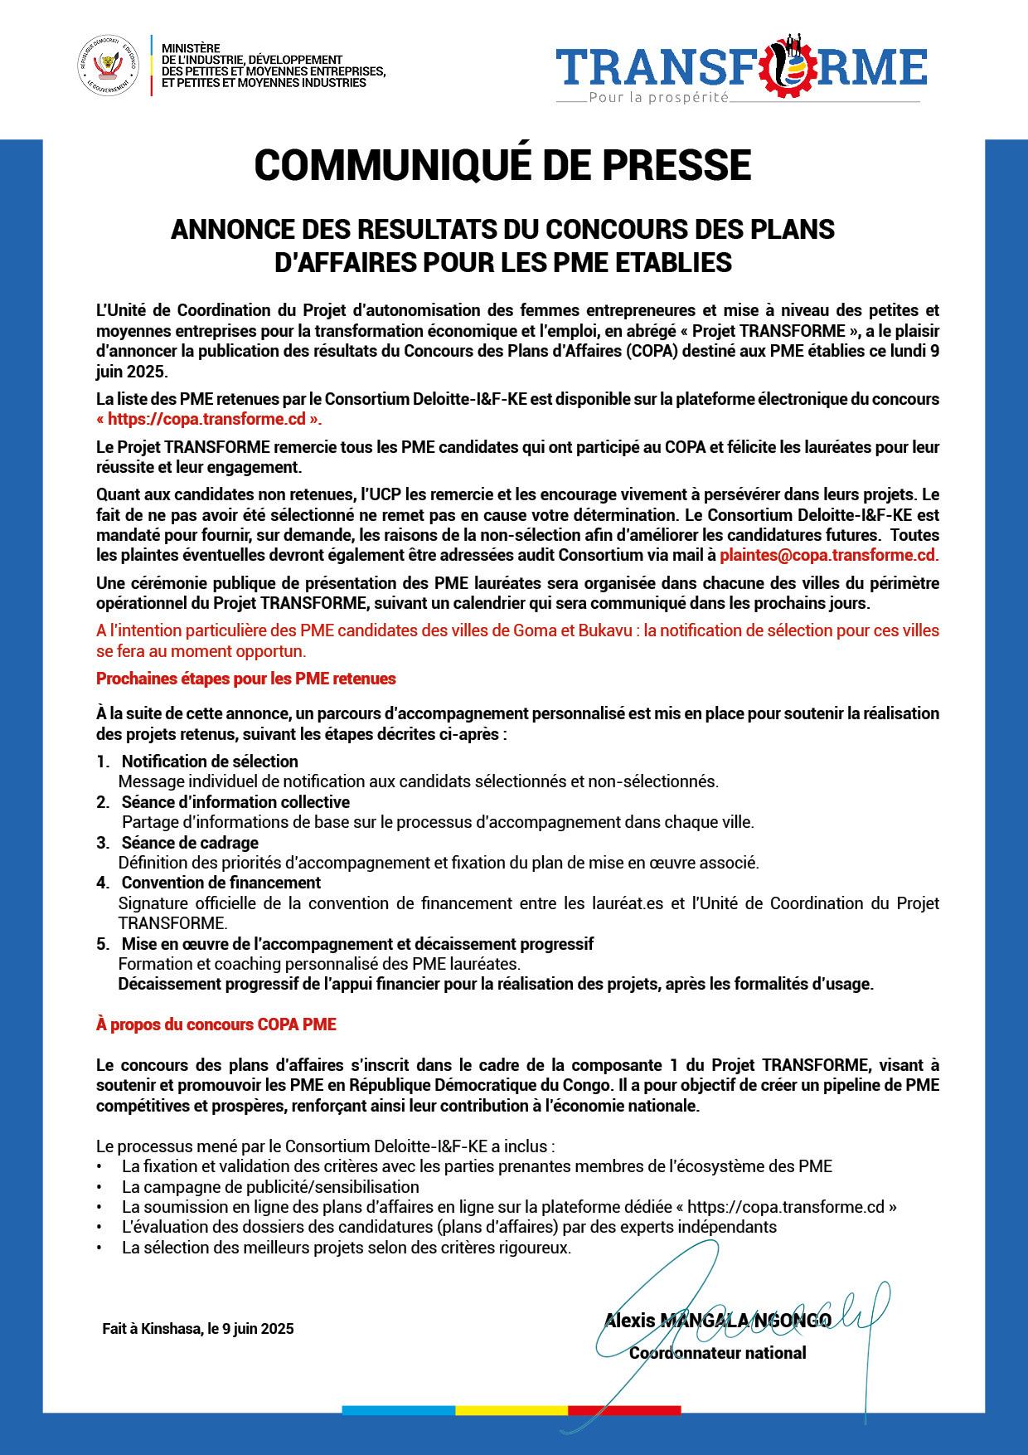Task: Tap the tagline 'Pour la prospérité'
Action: point(657,98)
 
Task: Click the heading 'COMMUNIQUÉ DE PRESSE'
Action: point(502,164)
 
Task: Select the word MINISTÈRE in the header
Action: point(185,50)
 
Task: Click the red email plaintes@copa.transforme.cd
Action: point(827,554)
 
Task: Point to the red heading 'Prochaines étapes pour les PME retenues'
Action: point(246,679)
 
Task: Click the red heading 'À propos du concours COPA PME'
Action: point(216,1024)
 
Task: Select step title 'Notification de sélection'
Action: point(210,762)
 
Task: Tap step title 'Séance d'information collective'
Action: point(235,802)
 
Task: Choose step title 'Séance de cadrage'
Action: point(190,843)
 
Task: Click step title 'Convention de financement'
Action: point(221,883)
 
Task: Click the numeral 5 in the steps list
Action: point(101,944)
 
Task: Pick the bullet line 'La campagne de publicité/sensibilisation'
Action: point(270,1187)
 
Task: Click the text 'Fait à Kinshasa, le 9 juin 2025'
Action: point(198,1329)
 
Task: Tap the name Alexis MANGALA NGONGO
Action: point(717,1320)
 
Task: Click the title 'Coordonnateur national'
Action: point(717,1353)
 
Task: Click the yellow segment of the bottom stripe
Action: point(512,1409)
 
